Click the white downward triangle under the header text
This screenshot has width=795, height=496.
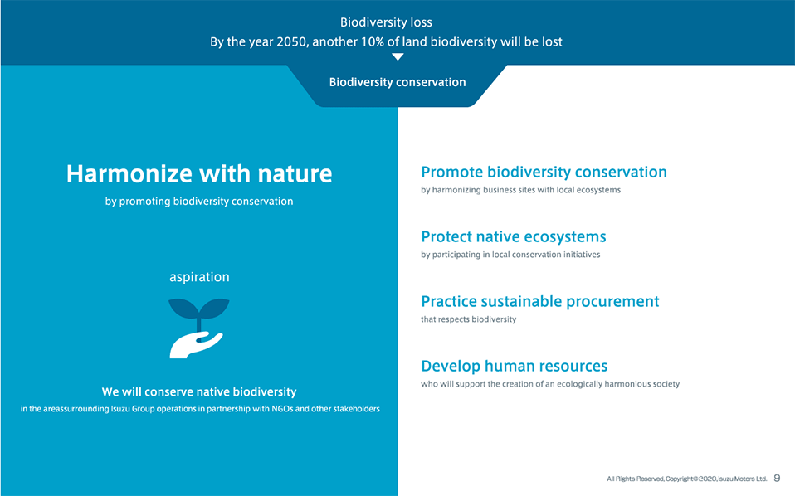point(398,56)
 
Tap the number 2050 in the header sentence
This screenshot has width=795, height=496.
point(291,41)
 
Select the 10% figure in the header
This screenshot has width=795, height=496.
point(372,41)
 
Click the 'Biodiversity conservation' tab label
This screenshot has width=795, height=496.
point(397,82)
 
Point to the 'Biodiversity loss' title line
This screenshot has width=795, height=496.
point(386,22)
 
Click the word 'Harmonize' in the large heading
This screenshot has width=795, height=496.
point(129,174)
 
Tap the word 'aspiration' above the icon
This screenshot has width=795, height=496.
point(199,277)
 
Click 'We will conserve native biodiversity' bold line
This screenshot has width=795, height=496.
point(199,391)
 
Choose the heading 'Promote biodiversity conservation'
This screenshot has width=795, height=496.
point(544,173)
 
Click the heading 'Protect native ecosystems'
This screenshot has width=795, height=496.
point(513,236)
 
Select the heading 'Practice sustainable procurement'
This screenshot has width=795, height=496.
point(540,301)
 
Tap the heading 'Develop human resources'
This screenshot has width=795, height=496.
point(515,366)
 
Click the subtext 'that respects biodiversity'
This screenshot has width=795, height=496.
point(469,319)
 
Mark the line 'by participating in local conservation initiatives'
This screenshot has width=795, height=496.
point(510,255)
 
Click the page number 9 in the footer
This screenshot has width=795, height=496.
point(777,479)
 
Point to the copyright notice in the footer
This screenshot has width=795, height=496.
point(687,479)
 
